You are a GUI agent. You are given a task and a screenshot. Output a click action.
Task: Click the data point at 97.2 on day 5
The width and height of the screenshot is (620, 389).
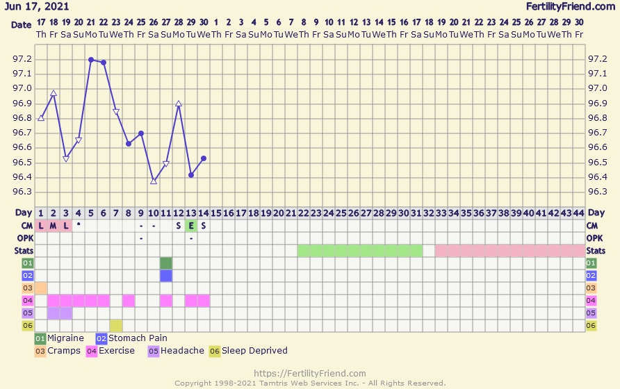pyautogui.click(x=91, y=60)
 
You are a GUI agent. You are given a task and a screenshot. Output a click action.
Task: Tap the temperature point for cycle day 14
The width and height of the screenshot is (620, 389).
pyautogui.click(x=204, y=158)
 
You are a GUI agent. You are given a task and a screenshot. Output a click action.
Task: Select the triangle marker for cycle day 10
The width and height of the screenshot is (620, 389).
pyautogui.click(x=154, y=181)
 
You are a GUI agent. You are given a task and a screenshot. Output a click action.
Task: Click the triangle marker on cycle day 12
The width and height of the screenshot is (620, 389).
pyautogui.click(x=179, y=104)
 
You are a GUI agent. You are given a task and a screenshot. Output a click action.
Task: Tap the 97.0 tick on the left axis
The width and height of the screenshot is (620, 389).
pyautogui.click(x=22, y=89)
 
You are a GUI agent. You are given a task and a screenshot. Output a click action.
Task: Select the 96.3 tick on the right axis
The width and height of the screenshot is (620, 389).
pyautogui.click(x=597, y=192)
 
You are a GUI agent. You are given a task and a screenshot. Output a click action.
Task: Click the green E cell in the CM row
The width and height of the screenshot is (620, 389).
pyautogui.click(x=191, y=226)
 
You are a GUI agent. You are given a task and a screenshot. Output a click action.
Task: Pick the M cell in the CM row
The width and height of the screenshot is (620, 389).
pyautogui.click(x=54, y=226)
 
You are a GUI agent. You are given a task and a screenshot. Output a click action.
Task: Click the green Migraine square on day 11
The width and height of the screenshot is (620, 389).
pyautogui.click(x=166, y=263)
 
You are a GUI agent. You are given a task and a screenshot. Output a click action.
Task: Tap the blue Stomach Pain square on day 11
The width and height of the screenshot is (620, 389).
pyautogui.click(x=166, y=276)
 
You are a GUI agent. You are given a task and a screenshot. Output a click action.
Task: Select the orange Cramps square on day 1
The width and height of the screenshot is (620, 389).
pyautogui.click(x=41, y=288)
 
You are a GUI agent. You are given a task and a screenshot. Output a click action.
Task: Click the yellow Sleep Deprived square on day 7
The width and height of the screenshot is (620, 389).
pyautogui.click(x=116, y=325)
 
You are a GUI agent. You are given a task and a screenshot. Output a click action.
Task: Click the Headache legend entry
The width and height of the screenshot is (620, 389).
pyautogui.click(x=179, y=351)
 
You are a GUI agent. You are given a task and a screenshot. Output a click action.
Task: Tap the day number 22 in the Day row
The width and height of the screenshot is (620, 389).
pyautogui.click(x=304, y=213)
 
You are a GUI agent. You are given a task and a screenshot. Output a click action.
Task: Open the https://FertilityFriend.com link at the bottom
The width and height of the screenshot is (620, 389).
pyautogui.click(x=310, y=374)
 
